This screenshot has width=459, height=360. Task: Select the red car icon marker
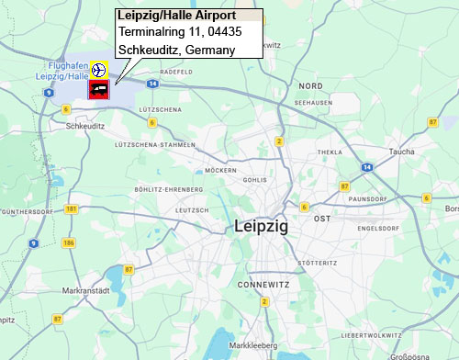click(x=99, y=89)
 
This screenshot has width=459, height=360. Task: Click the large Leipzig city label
click(x=262, y=226)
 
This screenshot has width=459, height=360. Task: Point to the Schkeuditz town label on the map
click(x=86, y=126)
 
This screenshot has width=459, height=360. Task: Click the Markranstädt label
click(x=85, y=290)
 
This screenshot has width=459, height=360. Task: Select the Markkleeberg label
click(x=254, y=345)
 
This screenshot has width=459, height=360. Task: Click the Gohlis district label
click(x=254, y=180)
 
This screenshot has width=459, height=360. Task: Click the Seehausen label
click(x=313, y=102)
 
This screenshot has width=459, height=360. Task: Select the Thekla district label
click(x=329, y=152)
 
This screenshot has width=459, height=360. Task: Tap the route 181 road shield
click(x=72, y=209)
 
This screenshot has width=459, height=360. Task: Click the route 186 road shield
click(x=69, y=243)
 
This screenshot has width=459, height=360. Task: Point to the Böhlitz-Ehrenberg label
click(x=162, y=189)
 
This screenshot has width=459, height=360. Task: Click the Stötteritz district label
click(x=318, y=263)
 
